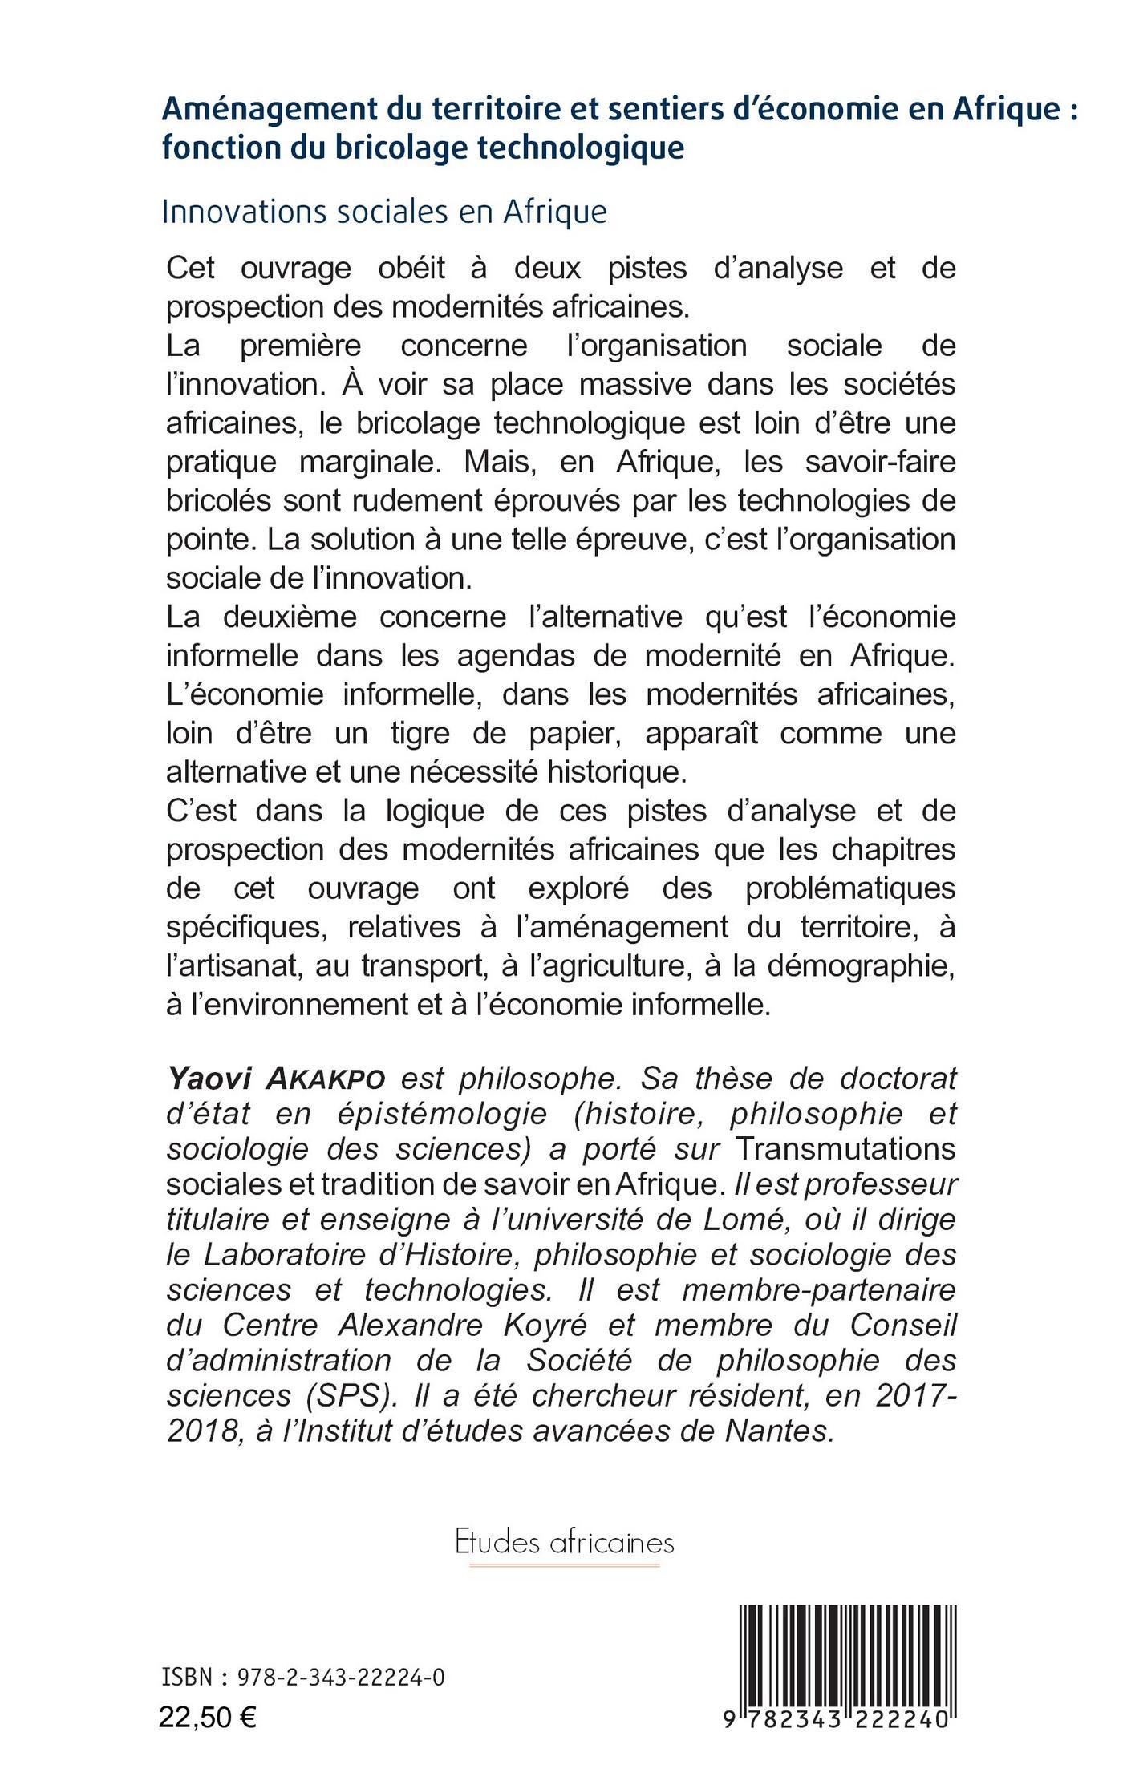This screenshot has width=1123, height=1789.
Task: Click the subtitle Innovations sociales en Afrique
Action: pos(384,212)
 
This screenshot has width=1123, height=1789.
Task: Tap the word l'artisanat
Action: pos(233,966)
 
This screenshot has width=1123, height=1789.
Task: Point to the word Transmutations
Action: pos(845,1149)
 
